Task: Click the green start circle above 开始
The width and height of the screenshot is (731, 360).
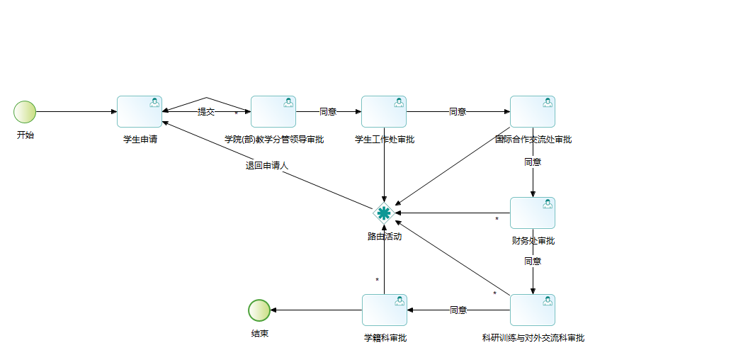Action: point(25,112)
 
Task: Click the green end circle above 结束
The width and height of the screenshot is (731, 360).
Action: point(259,310)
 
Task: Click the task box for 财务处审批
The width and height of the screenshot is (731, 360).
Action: point(533,213)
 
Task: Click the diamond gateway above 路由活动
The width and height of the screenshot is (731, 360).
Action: point(384,213)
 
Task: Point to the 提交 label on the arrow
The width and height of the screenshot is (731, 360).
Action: point(206,112)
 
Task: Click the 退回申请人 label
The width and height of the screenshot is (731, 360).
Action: point(267,166)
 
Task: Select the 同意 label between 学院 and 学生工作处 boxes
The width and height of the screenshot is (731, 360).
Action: point(328,112)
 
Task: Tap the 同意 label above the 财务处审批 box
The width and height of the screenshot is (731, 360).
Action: point(533,162)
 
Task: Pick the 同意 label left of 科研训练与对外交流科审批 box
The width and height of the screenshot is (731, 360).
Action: point(458,310)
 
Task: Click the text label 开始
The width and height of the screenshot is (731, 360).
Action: point(25,135)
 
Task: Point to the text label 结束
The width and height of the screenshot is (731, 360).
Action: point(259,334)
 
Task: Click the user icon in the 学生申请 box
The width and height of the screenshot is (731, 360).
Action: point(155,103)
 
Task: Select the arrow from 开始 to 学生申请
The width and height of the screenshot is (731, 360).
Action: point(76,112)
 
